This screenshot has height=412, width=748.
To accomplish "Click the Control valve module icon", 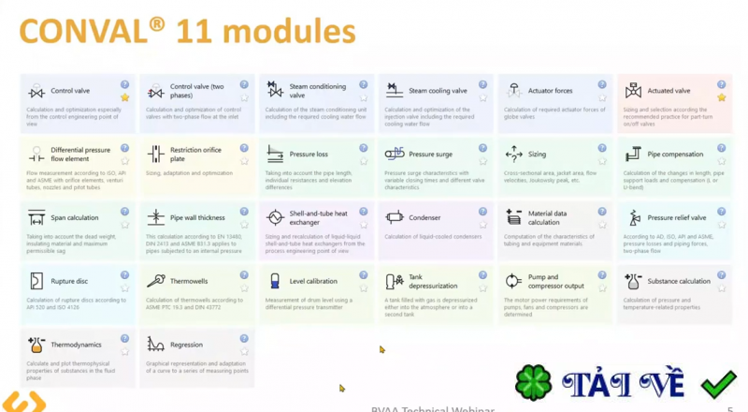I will [x=36, y=91].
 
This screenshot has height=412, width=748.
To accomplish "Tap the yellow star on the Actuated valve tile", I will [x=722, y=97].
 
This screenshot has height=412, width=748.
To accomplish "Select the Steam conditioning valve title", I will [x=311, y=91].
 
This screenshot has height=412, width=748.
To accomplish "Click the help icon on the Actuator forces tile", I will [x=602, y=84].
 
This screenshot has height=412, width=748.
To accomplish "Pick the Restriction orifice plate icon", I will [x=155, y=154].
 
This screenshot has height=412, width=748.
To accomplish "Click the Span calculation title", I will [x=74, y=217].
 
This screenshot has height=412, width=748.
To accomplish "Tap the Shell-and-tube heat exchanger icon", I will [x=275, y=217].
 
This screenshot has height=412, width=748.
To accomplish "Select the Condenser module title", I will [x=424, y=217].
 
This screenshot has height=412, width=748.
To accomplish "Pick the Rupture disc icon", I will [x=36, y=281].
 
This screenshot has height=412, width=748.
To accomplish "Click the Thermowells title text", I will [x=190, y=281].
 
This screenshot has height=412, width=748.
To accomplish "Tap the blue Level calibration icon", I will [x=275, y=281].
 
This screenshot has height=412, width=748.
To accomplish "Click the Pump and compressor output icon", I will [x=513, y=281].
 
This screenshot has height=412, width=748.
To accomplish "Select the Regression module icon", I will [x=155, y=345].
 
